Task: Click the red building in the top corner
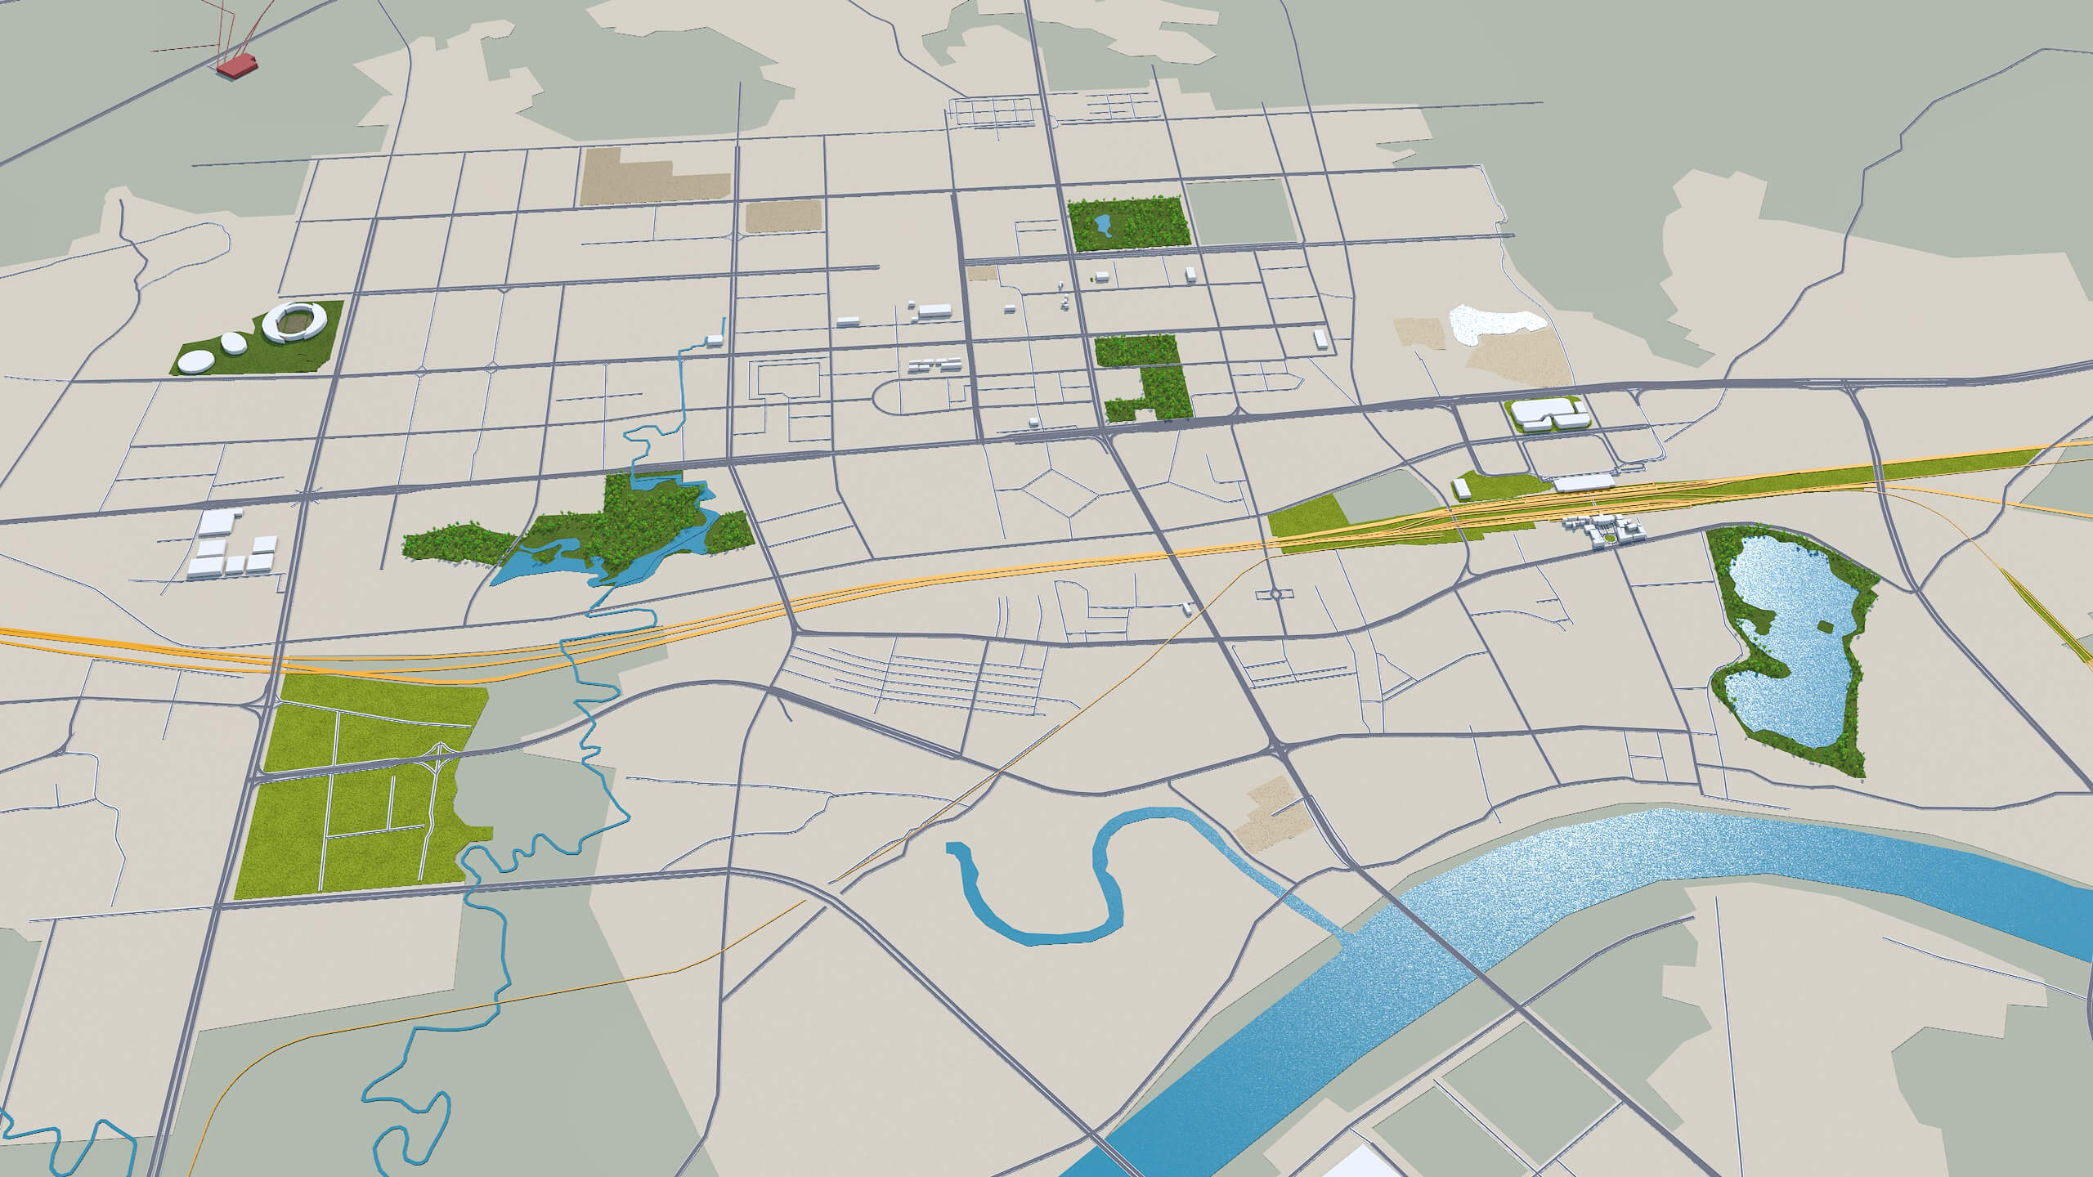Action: (237, 66)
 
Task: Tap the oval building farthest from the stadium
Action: (195, 360)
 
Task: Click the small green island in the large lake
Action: (1773, 627)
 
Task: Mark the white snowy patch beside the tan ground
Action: (1488, 325)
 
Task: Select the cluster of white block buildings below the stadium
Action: (231, 546)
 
